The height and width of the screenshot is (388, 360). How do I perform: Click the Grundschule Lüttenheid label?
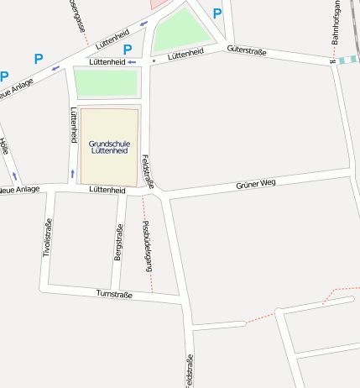[x=109, y=147]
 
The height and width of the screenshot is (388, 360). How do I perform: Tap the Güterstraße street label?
[x=246, y=51]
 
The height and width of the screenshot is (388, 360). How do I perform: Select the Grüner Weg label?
[x=255, y=184]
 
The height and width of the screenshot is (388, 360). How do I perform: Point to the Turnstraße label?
[x=115, y=294]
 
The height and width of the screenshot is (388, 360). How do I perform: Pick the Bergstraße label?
[x=118, y=243]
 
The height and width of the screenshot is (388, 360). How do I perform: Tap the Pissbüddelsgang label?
[x=148, y=245]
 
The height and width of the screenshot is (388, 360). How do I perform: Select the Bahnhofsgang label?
[x=335, y=23]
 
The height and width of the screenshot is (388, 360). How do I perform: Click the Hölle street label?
[x=4, y=145]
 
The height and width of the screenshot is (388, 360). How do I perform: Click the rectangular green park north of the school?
[x=106, y=82]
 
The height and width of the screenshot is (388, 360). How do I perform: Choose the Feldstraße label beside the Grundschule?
[x=148, y=171]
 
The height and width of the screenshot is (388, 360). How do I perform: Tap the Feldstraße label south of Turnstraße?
[x=189, y=370]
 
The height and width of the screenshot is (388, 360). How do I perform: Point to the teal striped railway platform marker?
[x=347, y=60]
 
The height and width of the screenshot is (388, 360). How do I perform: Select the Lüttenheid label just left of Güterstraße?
[x=185, y=54]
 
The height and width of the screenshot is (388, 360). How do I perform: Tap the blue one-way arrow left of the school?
[x=72, y=174]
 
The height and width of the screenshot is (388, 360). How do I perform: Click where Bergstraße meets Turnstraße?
[x=115, y=291]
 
